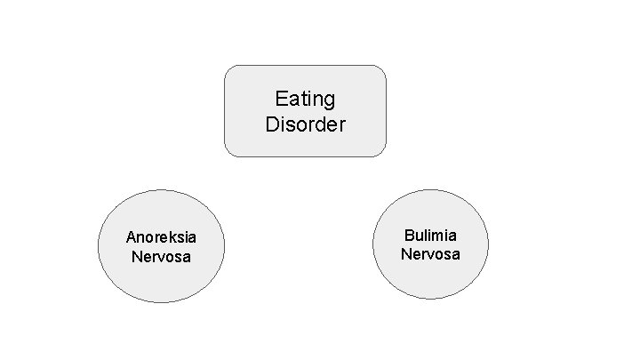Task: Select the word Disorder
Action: coord(305,124)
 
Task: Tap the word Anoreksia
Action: coord(161,237)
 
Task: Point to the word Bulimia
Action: coord(430,236)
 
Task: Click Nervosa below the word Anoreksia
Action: coord(161,257)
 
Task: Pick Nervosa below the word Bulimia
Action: coord(430,254)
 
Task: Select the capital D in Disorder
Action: coord(272,124)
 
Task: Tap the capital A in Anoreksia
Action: coord(131,237)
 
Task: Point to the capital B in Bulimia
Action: coord(409,236)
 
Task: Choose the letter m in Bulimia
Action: coord(439,236)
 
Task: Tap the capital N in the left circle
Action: coord(136,257)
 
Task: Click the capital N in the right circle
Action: coord(405,254)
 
